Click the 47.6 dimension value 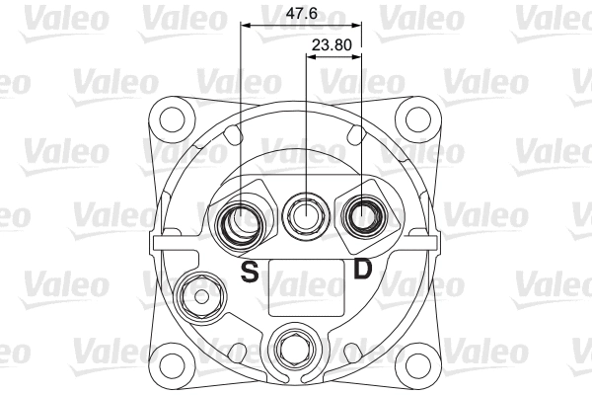tap(300, 15)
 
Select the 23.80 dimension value tap(330, 45)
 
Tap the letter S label tap(251, 272)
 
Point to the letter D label tap(363, 269)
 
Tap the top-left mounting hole tap(174, 118)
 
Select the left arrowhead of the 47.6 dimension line tap(246, 25)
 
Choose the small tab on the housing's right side tap(438, 241)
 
